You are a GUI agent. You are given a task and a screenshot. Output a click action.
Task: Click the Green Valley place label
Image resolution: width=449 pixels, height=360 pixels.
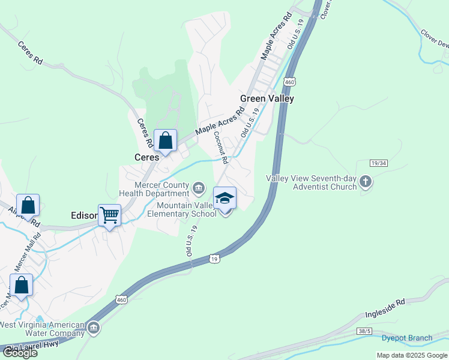click(x=267, y=99)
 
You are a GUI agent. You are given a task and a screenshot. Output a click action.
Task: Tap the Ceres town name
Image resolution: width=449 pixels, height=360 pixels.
click(x=146, y=157)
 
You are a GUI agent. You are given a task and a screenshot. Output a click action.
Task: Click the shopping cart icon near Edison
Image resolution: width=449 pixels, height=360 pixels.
click(x=110, y=214)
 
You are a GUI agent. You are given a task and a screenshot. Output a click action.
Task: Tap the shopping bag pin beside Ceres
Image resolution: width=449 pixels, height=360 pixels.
click(x=166, y=141)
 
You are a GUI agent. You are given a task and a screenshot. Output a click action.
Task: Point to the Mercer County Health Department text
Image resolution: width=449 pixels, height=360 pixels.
click(x=154, y=189)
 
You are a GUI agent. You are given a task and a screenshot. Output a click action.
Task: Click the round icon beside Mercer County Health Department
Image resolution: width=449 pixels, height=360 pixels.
click(x=198, y=190)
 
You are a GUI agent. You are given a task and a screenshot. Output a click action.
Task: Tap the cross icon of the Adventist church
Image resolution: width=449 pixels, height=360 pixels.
click(x=366, y=182)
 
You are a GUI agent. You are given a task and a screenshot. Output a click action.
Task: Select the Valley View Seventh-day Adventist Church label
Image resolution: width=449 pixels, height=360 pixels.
click(x=312, y=182)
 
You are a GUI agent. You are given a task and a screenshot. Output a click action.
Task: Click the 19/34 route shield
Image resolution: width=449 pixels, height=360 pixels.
click(x=378, y=163)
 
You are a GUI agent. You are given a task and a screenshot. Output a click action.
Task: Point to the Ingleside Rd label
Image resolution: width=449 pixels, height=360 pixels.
click(x=385, y=310)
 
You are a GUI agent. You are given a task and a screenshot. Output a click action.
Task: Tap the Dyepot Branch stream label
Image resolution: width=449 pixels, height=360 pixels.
click(x=407, y=338)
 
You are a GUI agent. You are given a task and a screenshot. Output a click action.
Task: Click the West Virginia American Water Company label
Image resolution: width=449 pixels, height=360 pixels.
click(x=42, y=329)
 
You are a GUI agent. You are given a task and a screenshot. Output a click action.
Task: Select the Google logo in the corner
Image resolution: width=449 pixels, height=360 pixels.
click(x=20, y=353)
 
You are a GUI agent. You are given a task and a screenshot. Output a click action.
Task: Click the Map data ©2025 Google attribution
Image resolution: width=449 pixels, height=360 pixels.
click(x=412, y=355)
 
